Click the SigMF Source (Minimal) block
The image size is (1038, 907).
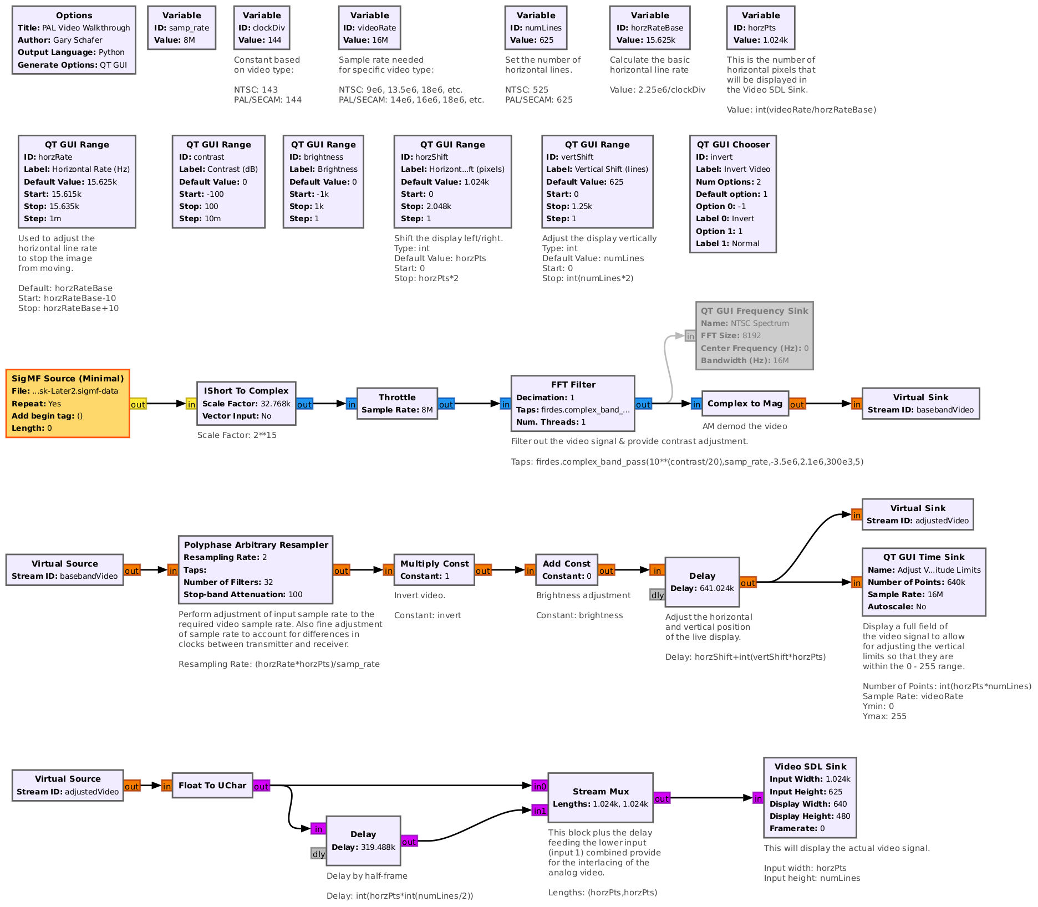click(68, 403)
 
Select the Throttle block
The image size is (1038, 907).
click(397, 403)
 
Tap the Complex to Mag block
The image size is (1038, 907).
click(745, 403)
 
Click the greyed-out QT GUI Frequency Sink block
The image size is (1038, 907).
click(754, 335)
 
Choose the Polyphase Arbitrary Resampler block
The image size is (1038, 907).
click(256, 569)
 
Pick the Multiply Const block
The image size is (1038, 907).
click(434, 569)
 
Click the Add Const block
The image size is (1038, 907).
click(566, 569)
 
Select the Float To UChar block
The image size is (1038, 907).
click(212, 785)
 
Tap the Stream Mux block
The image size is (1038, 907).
click(601, 797)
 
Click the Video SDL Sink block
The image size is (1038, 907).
click(810, 797)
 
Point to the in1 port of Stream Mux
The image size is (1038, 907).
click(540, 811)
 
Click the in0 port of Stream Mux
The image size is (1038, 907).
click(540, 786)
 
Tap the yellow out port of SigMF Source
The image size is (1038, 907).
click(138, 404)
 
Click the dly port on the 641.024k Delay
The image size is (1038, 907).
click(657, 595)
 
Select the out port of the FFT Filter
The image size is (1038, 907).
click(643, 404)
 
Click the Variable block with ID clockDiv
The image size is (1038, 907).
click(262, 28)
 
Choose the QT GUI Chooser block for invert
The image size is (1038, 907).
click(732, 193)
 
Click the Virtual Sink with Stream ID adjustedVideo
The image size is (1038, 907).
click(917, 514)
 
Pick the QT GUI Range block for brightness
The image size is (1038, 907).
click(323, 181)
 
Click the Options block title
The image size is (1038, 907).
click(74, 16)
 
